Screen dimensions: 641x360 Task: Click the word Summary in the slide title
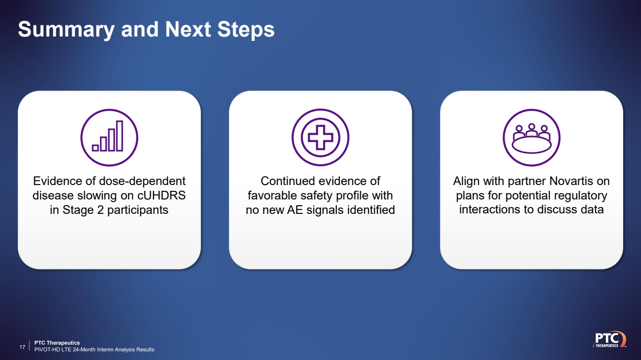click(x=66, y=30)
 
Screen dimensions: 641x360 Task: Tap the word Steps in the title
click(x=246, y=29)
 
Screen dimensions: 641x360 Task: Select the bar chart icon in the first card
click(x=109, y=137)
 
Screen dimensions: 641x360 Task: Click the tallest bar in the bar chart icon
click(x=120, y=136)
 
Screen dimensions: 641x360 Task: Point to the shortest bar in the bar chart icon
click(x=95, y=148)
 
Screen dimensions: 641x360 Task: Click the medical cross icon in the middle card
click(x=320, y=137)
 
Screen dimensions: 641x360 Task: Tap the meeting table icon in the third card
click(x=532, y=137)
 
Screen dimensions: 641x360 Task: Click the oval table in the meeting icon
click(x=532, y=145)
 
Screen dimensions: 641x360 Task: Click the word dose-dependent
click(x=142, y=181)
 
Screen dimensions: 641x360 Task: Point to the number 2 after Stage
click(x=100, y=210)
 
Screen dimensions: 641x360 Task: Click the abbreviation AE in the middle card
click(x=295, y=210)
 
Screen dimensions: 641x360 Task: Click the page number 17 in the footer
click(x=22, y=347)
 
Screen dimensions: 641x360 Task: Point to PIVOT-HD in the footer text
click(x=47, y=349)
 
